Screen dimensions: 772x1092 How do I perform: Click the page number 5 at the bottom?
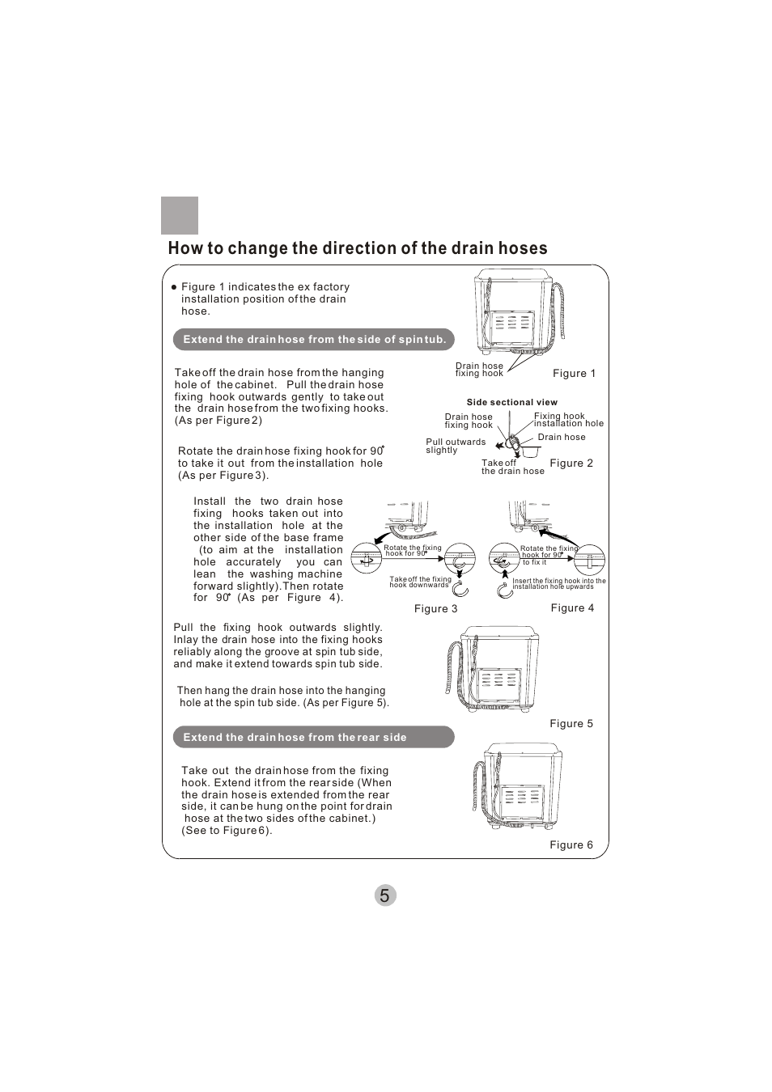click(385, 895)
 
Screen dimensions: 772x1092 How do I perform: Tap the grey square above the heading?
click(180, 215)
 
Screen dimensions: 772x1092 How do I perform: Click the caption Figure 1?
click(574, 374)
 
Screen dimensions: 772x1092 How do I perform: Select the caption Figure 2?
click(571, 463)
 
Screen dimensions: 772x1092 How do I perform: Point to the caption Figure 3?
click(435, 609)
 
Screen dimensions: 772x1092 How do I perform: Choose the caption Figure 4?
click(572, 608)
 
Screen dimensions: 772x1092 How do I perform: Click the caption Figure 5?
click(571, 724)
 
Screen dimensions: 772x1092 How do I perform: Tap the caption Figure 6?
click(571, 845)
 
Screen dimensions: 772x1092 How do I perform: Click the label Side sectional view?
click(511, 402)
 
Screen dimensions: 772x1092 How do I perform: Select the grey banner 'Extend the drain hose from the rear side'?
click(313, 737)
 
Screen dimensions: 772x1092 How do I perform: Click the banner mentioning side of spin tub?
click(314, 340)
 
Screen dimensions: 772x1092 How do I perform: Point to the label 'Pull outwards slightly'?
click(455, 447)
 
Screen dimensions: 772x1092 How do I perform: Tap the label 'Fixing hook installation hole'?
click(568, 420)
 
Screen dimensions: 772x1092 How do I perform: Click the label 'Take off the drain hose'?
click(512, 468)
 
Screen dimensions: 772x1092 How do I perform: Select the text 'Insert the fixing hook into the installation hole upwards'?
click(558, 584)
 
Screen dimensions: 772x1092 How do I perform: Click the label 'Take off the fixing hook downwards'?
click(420, 582)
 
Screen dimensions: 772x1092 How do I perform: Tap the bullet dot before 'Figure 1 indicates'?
click(173, 287)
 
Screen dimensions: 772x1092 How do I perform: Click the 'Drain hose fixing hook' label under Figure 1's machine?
click(479, 370)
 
